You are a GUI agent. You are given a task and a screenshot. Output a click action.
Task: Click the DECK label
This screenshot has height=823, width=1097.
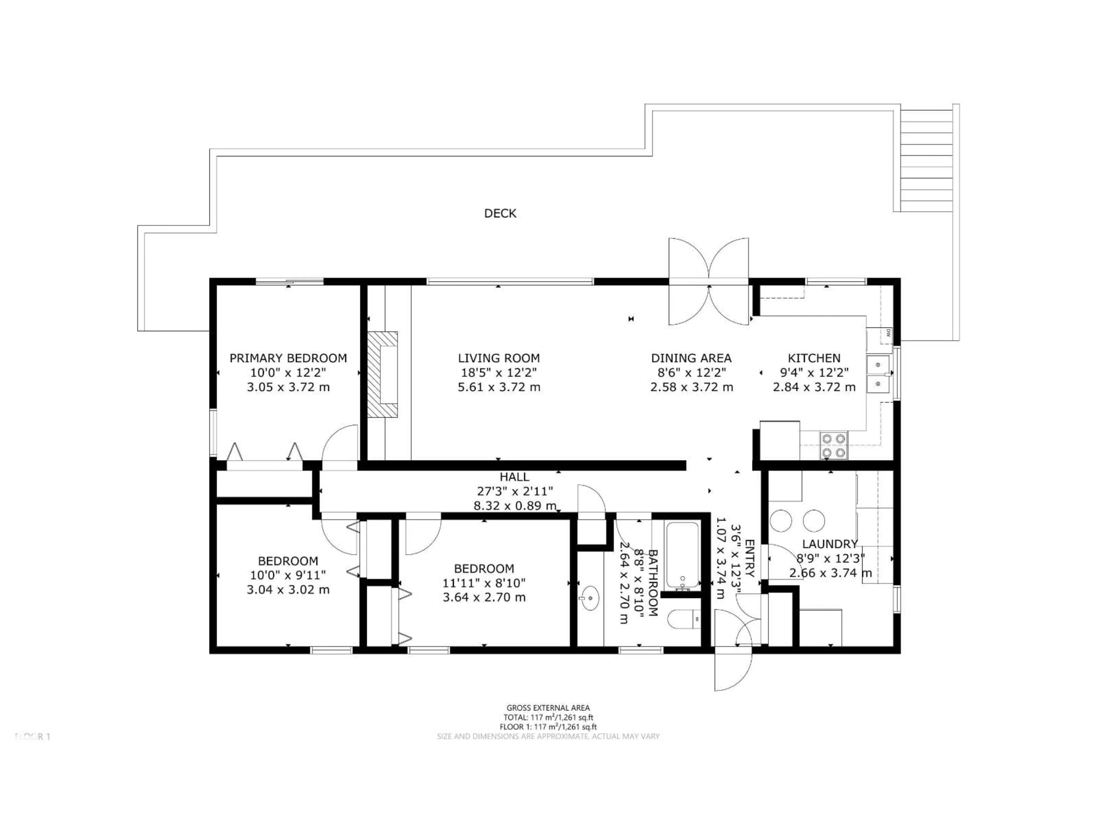(500, 213)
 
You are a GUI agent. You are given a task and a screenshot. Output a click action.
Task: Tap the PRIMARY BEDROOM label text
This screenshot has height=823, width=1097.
(288, 358)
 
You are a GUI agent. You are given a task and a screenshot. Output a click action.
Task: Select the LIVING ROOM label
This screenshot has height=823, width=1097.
(499, 358)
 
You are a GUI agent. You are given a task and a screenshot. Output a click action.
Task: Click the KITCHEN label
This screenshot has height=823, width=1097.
(814, 358)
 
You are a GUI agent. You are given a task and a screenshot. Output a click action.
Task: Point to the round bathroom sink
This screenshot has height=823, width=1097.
(590, 598)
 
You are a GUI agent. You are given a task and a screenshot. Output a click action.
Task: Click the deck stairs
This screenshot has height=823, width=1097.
(926, 159)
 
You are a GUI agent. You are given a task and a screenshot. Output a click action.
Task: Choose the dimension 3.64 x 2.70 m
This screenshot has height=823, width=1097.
(484, 597)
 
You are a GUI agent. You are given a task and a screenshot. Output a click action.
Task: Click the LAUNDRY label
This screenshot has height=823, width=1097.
(830, 544)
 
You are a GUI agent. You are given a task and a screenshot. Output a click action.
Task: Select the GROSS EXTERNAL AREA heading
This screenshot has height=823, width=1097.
(548, 708)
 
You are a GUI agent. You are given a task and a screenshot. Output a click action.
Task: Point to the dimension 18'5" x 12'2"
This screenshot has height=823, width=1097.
(499, 373)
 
